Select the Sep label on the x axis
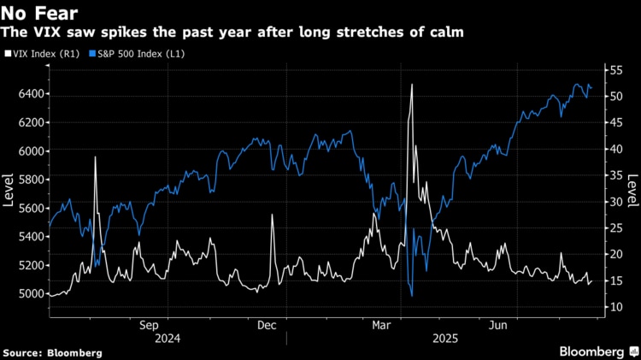149,325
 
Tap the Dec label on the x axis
266,325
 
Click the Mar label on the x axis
382,325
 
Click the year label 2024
168,339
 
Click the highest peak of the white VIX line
412,85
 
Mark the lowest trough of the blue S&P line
412,296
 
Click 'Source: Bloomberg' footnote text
52,352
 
